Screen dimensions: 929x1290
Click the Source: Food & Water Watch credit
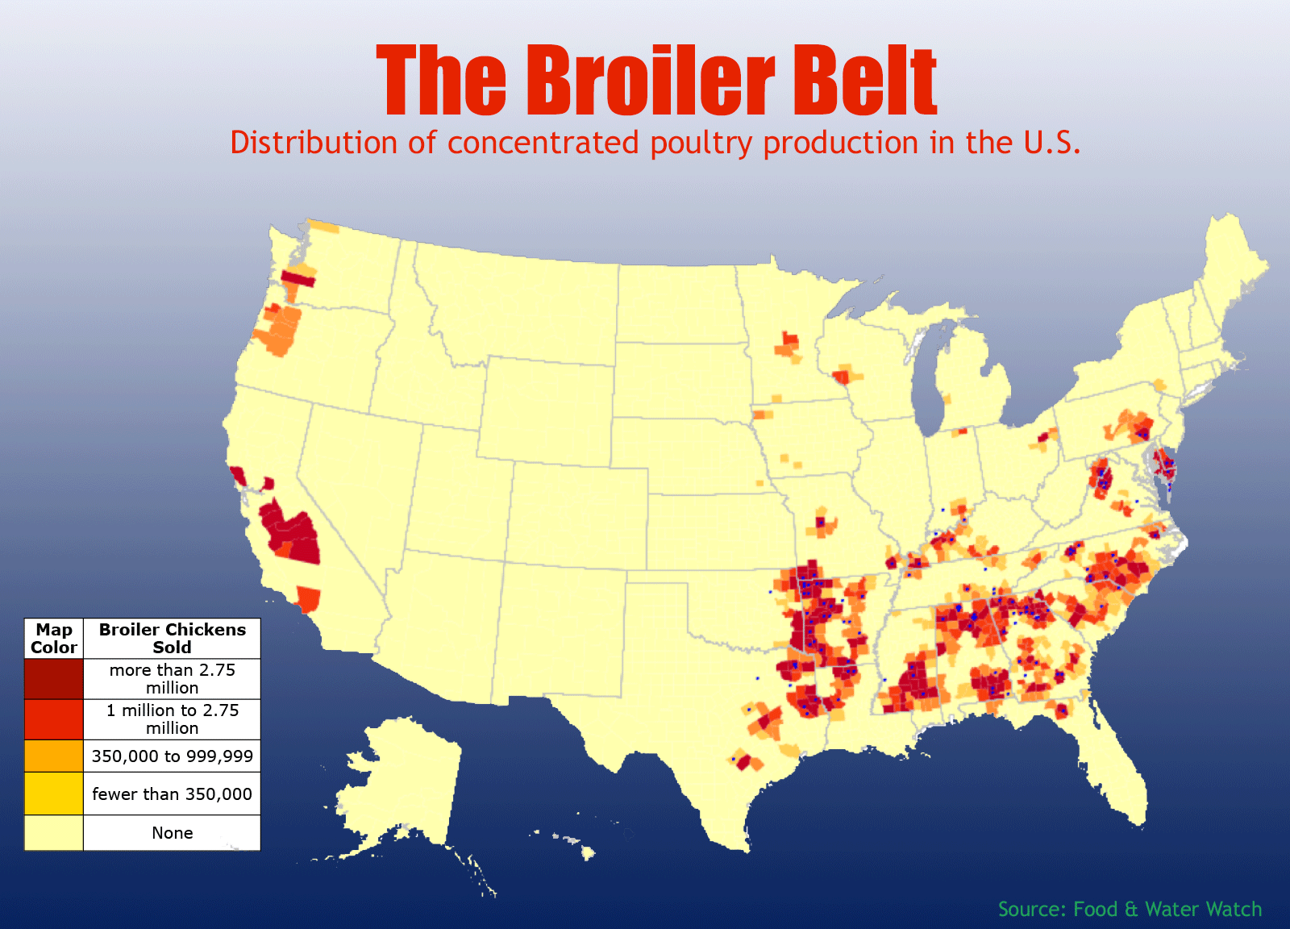(x=1130, y=909)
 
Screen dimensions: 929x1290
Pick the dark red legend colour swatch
(x=53, y=679)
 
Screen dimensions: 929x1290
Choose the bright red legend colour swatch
(x=53, y=719)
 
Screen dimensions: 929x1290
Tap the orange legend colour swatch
(x=53, y=756)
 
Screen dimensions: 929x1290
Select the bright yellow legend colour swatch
(x=53, y=794)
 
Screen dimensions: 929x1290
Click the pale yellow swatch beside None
(x=53, y=833)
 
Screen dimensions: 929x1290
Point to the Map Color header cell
(x=53, y=639)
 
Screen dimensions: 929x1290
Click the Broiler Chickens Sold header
(x=172, y=639)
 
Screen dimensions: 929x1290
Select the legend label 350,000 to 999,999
(x=172, y=756)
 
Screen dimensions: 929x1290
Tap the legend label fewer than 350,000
(x=172, y=794)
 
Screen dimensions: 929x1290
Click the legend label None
(x=172, y=833)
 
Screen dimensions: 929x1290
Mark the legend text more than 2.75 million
(x=172, y=679)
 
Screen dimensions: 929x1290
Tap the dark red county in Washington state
(x=298, y=279)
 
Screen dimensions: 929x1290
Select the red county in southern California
(x=309, y=599)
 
